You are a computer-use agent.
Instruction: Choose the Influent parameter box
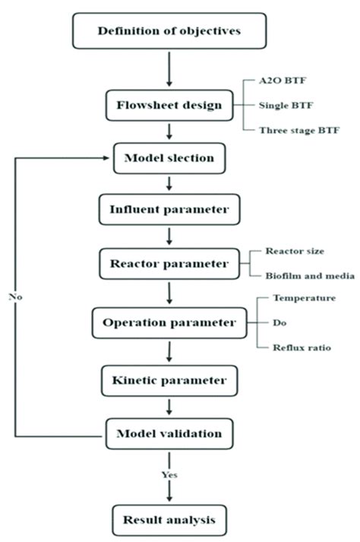pyautogui.click(x=169, y=209)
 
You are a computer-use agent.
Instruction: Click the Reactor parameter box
pyautogui.click(x=169, y=264)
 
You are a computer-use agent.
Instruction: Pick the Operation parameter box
pyautogui.click(x=169, y=322)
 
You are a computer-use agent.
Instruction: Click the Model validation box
pyautogui.click(x=169, y=433)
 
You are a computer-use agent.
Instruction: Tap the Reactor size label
pyautogui.click(x=292, y=252)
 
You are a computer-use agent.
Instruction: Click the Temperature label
pyautogui.click(x=305, y=298)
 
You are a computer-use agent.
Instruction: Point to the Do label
pyautogui.click(x=279, y=322)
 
